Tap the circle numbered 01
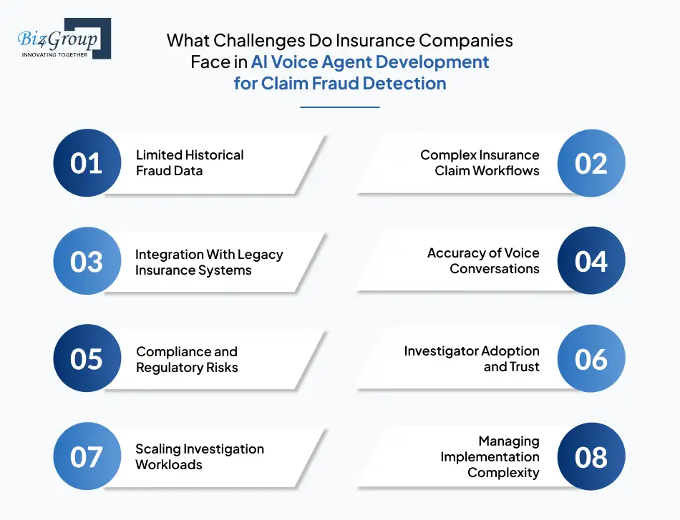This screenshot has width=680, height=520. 87,163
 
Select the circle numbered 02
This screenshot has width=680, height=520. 591,163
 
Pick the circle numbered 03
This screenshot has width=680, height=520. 87,262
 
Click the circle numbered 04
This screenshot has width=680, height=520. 591,261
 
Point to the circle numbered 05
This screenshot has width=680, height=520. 87,359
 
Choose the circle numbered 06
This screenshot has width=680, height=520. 591,359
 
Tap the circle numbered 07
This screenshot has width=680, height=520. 87,456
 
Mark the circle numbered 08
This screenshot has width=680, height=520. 591,456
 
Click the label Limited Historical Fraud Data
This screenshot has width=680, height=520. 190,163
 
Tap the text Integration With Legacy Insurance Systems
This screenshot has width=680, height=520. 209,263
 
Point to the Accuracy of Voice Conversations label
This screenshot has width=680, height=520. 483,261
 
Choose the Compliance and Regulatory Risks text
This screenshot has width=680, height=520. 187,360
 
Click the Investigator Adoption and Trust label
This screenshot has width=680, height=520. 472,359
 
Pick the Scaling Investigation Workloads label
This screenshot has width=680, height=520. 200,456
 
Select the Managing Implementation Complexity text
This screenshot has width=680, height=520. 490,456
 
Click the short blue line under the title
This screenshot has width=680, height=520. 339,107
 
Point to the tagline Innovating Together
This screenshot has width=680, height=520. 54,54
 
